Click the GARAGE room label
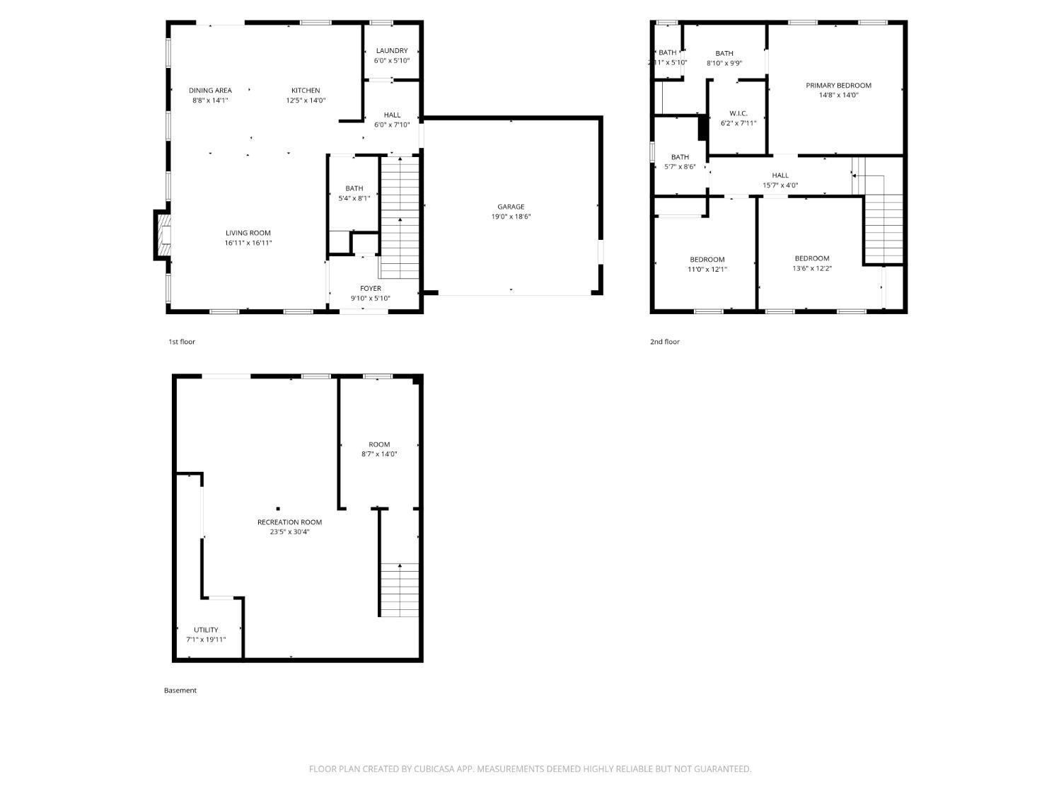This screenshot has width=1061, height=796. pyautogui.click(x=511, y=207)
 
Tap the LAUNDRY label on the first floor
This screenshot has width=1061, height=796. pyautogui.click(x=392, y=51)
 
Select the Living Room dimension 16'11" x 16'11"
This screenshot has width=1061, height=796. pyautogui.click(x=248, y=243)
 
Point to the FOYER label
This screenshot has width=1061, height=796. pyautogui.click(x=371, y=289)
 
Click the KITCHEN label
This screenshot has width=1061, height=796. pyautogui.click(x=306, y=91)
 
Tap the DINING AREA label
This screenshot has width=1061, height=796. pyautogui.click(x=210, y=91)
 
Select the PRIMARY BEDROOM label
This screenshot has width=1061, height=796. pyautogui.click(x=838, y=86)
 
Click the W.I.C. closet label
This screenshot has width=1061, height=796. pyautogui.click(x=738, y=114)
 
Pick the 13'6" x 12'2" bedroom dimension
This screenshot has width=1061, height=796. pyautogui.click(x=812, y=268)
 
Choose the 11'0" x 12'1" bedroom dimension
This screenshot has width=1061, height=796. pyautogui.click(x=707, y=269)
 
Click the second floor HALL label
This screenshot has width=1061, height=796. pyautogui.click(x=780, y=175)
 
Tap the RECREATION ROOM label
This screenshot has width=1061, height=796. pyautogui.click(x=289, y=522)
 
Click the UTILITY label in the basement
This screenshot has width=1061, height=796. pyautogui.click(x=206, y=630)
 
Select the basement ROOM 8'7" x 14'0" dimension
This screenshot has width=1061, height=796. pyautogui.click(x=379, y=454)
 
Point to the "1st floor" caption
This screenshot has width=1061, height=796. pyautogui.click(x=182, y=342)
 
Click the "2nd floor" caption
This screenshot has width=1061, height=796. pyautogui.click(x=665, y=342)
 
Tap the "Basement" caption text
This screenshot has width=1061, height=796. pyautogui.click(x=180, y=691)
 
